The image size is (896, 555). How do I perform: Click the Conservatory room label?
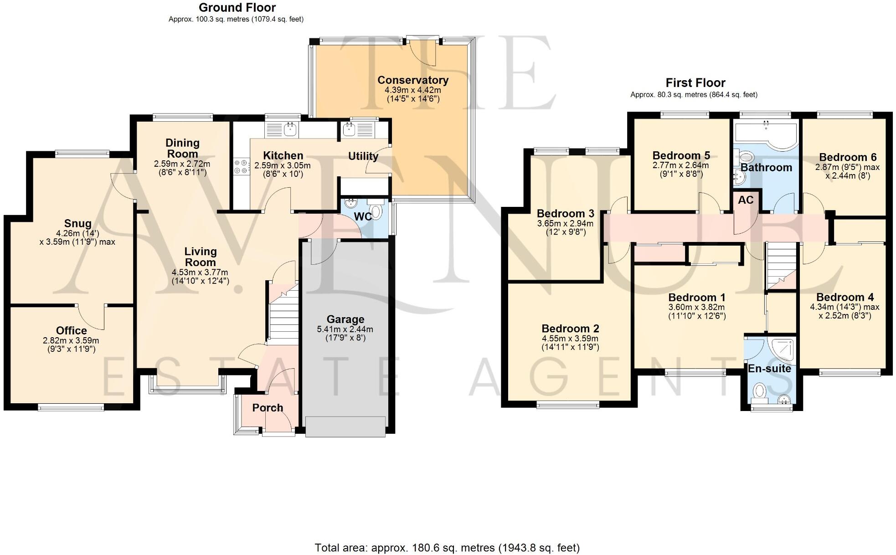point(413,80)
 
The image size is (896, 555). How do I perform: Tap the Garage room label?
point(345,319)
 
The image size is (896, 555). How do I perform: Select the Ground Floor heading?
point(237,8)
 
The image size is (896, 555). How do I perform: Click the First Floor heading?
point(695,83)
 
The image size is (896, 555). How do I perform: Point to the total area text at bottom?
point(447,547)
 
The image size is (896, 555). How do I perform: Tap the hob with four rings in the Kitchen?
point(242,166)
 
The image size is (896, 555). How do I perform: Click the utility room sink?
point(350,130)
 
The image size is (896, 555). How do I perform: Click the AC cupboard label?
point(746,200)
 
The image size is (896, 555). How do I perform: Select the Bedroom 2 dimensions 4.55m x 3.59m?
point(570,339)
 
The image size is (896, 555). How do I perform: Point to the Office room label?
point(72,331)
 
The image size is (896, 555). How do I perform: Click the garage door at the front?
point(345,427)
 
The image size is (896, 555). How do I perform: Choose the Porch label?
point(268,408)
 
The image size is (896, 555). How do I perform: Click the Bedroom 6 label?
point(847,158)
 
